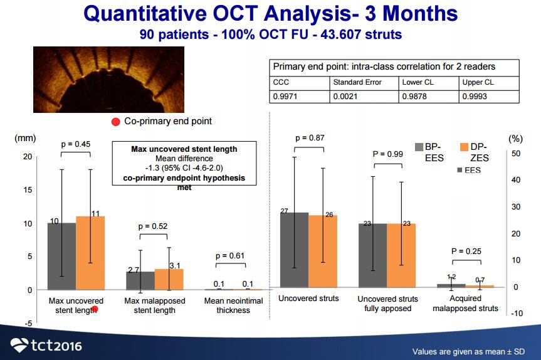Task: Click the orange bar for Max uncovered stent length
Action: [90, 253]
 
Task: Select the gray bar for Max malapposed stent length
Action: [140, 280]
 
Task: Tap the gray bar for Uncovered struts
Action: [293, 250]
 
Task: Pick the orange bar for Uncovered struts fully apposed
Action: [401, 255]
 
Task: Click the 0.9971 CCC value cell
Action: [284, 97]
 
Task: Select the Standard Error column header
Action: [355, 82]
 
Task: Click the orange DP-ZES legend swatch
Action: [465, 147]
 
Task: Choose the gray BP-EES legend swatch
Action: [419, 147]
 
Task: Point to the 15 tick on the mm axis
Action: [27, 190]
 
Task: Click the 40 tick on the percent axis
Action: [516, 180]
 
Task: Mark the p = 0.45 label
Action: [76, 144]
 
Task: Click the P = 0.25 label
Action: [466, 251]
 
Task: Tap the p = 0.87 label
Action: [309, 137]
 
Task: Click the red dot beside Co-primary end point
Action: [116, 122]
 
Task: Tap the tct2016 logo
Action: [46, 344]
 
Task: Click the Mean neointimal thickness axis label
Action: [233, 305]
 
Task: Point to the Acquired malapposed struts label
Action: [465, 304]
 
